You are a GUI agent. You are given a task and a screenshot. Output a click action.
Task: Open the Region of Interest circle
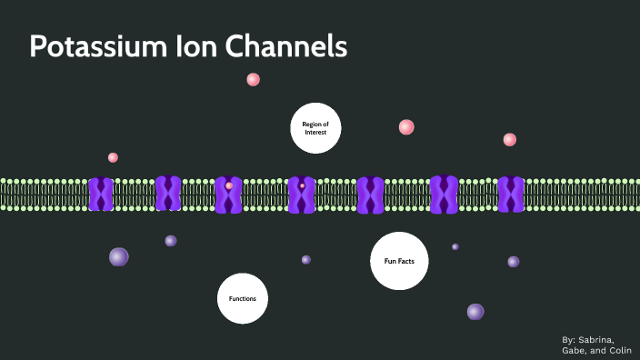(x=315, y=128)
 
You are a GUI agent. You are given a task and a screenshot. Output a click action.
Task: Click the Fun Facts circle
(x=399, y=261)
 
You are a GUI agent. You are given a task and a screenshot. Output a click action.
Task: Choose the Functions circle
(x=243, y=298)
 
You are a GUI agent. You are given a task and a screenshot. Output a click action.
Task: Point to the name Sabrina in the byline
(x=608, y=339)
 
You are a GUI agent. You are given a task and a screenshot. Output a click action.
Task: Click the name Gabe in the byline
(x=575, y=350)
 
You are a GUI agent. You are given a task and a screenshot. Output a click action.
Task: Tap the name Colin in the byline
(x=622, y=350)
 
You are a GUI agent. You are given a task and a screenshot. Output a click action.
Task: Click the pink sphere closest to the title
(x=254, y=79)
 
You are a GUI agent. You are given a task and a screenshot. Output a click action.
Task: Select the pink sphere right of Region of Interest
(x=406, y=127)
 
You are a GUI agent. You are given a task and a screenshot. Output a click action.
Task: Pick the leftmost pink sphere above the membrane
(x=113, y=157)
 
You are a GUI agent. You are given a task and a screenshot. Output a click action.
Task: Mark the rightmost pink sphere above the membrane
(x=510, y=139)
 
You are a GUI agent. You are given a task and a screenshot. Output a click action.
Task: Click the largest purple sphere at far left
(x=119, y=257)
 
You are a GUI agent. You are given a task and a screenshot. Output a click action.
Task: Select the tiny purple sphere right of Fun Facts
(x=455, y=246)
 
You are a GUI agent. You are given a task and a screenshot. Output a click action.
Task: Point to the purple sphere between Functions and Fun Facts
(x=306, y=259)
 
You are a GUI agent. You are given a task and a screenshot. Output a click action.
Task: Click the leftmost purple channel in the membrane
(x=101, y=195)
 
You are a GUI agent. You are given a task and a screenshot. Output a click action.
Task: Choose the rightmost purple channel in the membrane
(x=511, y=195)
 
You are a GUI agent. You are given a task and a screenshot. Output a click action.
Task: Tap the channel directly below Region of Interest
(x=302, y=195)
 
